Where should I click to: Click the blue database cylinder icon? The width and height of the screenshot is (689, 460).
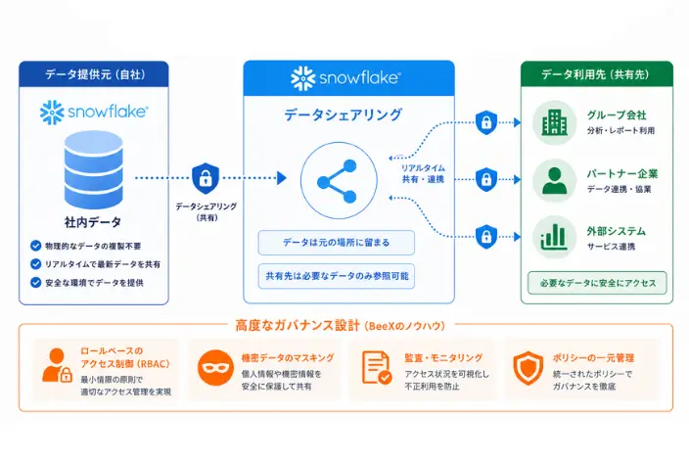click(94, 169)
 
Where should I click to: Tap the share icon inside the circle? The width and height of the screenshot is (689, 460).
click(337, 181)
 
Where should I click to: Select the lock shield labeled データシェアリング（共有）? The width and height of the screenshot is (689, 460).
click(206, 178)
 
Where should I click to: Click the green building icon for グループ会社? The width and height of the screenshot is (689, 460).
click(554, 122)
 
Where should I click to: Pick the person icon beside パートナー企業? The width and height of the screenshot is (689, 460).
click(555, 180)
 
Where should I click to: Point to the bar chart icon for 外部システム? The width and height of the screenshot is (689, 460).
click(554, 237)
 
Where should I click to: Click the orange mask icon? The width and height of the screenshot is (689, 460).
click(215, 368)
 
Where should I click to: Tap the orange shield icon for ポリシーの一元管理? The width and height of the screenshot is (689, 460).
click(528, 368)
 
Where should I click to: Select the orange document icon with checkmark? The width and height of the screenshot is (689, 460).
click(377, 368)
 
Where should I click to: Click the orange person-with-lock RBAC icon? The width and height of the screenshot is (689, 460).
click(57, 365)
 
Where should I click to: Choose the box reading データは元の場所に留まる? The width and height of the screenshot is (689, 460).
click(336, 243)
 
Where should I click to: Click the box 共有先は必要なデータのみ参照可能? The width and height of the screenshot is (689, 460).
click(336, 276)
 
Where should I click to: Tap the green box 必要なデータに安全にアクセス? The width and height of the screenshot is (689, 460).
click(597, 283)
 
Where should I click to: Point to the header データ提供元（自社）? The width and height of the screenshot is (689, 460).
click(94, 74)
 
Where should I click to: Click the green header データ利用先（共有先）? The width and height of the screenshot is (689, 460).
click(597, 74)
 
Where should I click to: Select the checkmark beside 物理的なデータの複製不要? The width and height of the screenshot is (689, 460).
click(35, 246)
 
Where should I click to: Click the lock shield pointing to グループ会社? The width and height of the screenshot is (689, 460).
click(486, 122)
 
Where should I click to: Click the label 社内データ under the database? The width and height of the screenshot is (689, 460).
click(93, 222)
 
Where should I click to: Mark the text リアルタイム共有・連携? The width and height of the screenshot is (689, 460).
click(423, 173)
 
